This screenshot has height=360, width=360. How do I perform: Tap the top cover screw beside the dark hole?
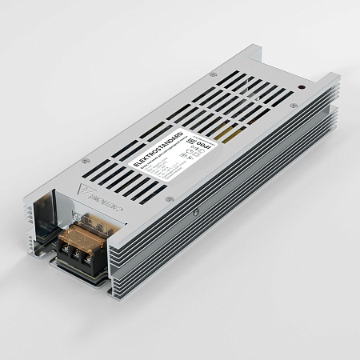pos(294,106)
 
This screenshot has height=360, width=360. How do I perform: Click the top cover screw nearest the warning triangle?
pos(86,161)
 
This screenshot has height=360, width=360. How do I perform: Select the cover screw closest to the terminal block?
pos(168,199)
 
